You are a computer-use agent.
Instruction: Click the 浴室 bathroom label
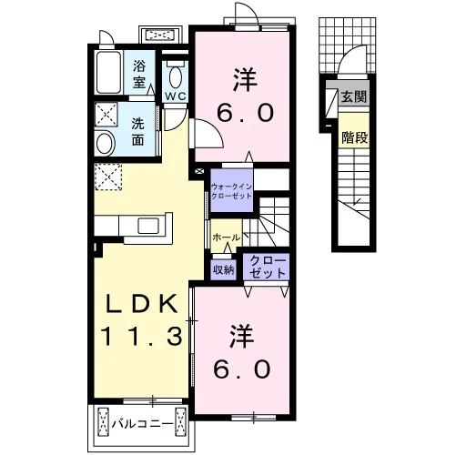tap(139, 74)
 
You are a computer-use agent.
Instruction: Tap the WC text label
tap(175, 96)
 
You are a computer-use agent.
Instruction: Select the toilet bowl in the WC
tap(176, 76)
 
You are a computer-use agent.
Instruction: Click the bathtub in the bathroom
tap(108, 73)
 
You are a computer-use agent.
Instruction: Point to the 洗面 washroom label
tap(137, 132)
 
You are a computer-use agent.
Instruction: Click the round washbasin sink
tap(105, 143)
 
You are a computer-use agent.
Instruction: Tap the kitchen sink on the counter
tap(148, 226)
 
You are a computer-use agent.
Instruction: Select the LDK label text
tap(141, 304)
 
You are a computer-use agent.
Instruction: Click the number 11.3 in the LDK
tap(143, 336)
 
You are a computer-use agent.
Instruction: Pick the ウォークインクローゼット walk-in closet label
tap(231, 191)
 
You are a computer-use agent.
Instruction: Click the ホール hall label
tap(226, 238)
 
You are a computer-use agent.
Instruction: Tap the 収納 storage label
tap(223, 269)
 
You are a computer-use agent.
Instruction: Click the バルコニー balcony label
tap(142, 423)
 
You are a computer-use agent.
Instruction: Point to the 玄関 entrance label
tap(354, 96)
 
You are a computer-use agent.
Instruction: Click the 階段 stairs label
tap(355, 138)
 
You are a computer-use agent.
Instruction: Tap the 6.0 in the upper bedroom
tap(245, 112)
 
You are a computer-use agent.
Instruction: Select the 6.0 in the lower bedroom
tap(242, 369)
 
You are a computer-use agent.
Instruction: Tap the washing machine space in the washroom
tap(106, 114)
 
